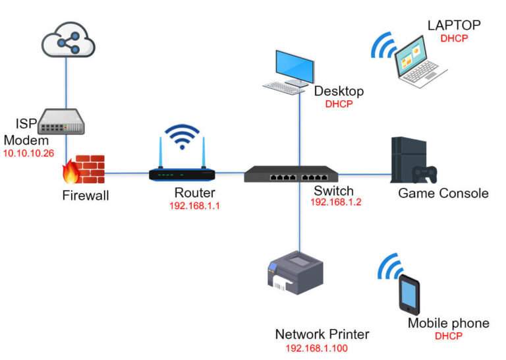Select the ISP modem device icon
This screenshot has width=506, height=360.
61,121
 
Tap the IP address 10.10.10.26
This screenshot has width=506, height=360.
29,154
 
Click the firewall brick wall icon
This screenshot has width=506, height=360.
84,169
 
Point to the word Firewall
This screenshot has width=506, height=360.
86,195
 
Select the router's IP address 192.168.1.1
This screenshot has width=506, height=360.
194,206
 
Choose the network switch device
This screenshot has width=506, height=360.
291,174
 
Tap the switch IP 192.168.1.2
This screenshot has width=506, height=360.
335,202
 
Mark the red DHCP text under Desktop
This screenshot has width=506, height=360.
339,104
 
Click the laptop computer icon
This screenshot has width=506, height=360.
420,63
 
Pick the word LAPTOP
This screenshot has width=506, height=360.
454,25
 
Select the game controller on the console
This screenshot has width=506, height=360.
425,174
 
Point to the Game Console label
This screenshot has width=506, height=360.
443,193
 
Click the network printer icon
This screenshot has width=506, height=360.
295,273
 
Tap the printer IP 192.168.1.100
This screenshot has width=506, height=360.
316,348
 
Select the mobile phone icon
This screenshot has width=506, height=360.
409,295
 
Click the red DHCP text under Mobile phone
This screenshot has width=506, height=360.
449,336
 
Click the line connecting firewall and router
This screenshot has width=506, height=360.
126,173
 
